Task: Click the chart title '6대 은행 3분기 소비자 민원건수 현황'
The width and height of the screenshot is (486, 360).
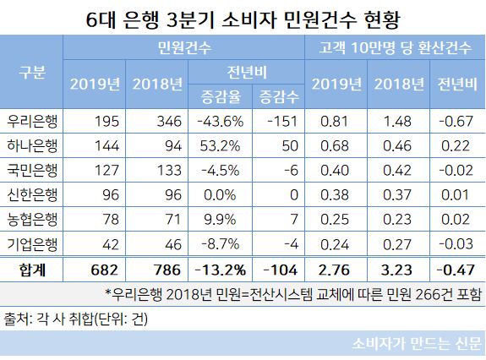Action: tap(243, 17)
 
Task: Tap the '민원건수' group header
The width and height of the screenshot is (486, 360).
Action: tap(184, 50)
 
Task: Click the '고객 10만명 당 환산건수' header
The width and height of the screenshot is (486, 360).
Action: tap(395, 50)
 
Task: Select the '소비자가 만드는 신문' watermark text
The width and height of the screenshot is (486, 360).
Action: tap(417, 345)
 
